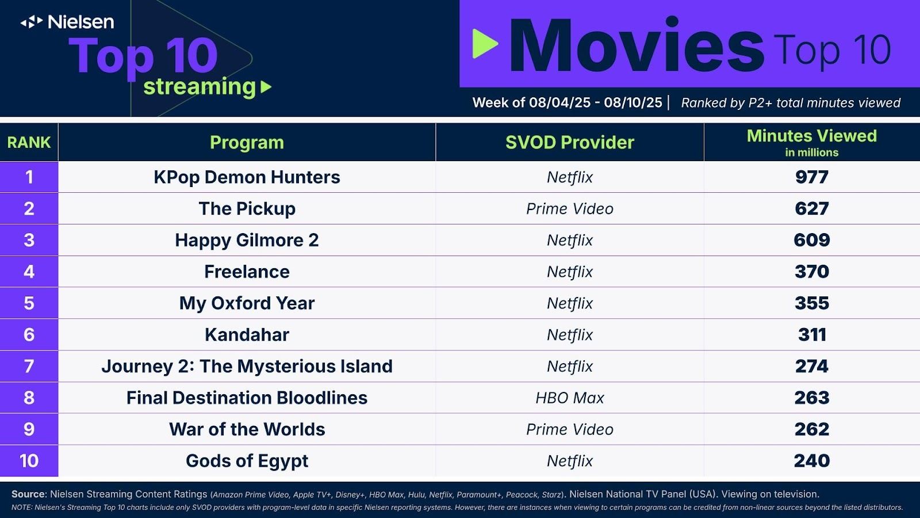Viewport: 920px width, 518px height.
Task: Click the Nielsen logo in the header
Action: pyautogui.click(x=67, y=22)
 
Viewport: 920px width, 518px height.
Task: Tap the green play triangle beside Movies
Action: pyautogui.click(x=485, y=44)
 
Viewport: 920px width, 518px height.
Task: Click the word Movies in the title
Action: pyautogui.click(x=637, y=45)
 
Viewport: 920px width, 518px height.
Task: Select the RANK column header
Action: pyautogui.click(x=29, y=142)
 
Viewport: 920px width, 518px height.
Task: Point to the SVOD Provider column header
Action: pyautogui.click(x=570, y=142)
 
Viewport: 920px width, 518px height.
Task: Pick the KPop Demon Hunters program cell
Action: pyautogui.click(x=247, y=177)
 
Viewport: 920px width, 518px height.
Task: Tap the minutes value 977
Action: pyautogui.click(x=811, y=177)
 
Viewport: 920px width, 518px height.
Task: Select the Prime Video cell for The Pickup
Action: pyautogui.click(x=570, y=209)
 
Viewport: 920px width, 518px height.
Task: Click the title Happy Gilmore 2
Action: pyautogui.click(x=247, y=240)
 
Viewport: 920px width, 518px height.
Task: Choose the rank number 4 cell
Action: pyautogui.click(x=29, y=271)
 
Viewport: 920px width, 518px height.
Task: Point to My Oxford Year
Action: pyautogui.click(x=247, y=303)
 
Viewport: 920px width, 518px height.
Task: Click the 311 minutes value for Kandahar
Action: pyautogui.click(x=811, y=334)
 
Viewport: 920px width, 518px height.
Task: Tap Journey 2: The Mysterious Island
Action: pyautogui.click(x=247, y=366)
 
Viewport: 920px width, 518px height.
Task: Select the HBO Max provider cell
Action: pyautogui.click(x=570, y=398)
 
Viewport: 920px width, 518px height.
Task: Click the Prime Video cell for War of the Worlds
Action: pyautogui.click(x=570, y=429)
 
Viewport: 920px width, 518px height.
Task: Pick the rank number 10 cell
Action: pyautogui.click(x=29, y=460)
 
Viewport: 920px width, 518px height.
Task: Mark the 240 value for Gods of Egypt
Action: pyautogui.click(x=811, y=460)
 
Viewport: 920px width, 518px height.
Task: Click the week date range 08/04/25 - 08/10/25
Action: pyautogui.click(x=595, y=102)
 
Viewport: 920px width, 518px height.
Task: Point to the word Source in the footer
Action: pyautogui.click(x=28, y=494)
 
